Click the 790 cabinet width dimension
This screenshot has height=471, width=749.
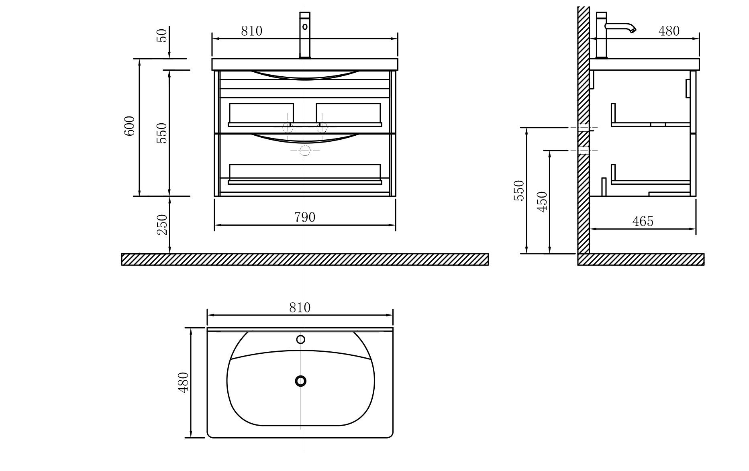pos(305,217)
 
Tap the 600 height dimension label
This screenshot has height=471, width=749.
pos(129,126)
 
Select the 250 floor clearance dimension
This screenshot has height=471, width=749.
pos(162,225)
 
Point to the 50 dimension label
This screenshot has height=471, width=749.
pos(162,35)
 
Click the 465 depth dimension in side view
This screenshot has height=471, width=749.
pos(643,221)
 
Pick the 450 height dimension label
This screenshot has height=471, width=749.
pos(542,202)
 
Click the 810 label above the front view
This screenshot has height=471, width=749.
pos(252,31)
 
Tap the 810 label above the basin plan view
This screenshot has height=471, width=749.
pos(300,308)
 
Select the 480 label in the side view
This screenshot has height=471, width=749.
pos(669,31)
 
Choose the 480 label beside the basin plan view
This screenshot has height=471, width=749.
pos(183,383)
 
